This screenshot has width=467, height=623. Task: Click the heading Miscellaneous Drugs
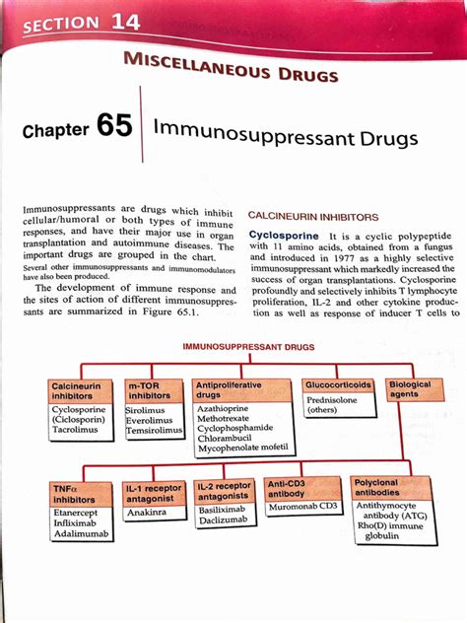pyautogui.click(x=231, y=68)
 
